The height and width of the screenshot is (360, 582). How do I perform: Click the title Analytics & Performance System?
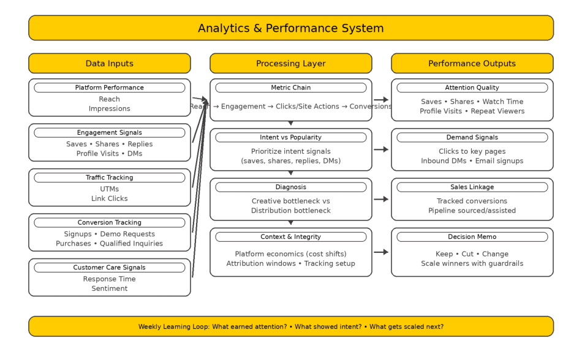click(290, 28)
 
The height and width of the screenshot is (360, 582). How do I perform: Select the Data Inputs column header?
click(109, 64)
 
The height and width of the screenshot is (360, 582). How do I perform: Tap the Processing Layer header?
click(290, 64)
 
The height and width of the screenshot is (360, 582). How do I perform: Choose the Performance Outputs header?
click(472, 64)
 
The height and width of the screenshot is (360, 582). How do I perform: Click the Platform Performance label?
click(109, 88)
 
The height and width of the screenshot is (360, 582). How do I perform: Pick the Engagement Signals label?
click(109, 133)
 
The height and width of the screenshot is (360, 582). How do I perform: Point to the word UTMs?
click(109, 189)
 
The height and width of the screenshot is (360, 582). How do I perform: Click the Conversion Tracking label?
click(109, 223)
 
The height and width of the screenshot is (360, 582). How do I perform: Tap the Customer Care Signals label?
click(109, 268)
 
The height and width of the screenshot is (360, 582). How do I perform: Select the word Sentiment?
click(109, 289)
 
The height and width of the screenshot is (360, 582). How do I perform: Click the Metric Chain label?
click(290, 88)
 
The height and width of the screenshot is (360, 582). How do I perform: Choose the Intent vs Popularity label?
click(290, 138)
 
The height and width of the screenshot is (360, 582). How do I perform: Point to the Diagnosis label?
click(290, 187)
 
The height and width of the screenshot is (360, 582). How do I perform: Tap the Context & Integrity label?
click(290, 237)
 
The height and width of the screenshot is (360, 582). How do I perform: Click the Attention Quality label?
click(472, 88)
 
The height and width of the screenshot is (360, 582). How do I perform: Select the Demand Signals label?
click(472, 138)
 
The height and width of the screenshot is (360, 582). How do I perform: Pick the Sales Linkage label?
click(472, 187)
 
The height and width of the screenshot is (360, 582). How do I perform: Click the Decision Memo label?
click(472, 237)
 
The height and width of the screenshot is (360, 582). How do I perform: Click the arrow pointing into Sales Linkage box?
click(381, 199)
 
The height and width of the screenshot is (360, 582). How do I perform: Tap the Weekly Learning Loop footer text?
click(290, 327)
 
